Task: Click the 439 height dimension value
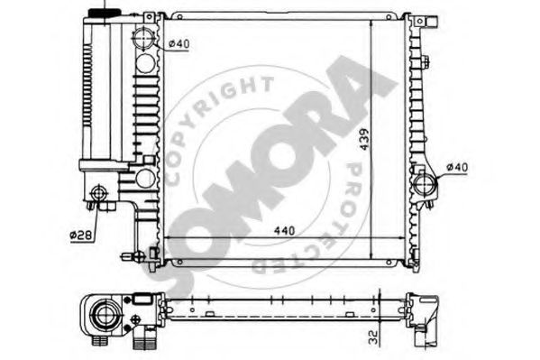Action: (x=364, y=140)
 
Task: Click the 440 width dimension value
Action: (x=285, y=230)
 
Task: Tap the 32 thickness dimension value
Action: (x=373, y=337)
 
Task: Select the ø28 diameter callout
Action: (x=81, y=235)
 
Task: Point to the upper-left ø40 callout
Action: (x=178, y=44)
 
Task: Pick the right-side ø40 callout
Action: (x=457, y=168)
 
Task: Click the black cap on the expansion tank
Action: (x=105, y=14)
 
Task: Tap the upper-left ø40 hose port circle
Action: (x=143, y=38)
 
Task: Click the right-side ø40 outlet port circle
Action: (x=425, y=184)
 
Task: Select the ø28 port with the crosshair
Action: (x=99, y=193)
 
